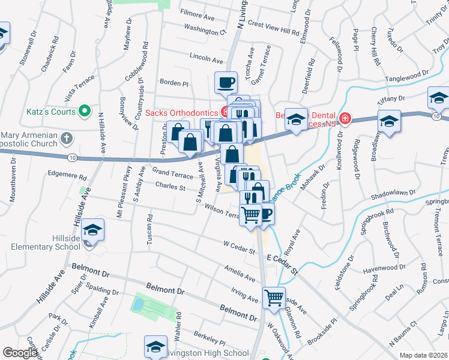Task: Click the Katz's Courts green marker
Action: click(85, 112)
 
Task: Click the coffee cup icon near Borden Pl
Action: click(226, 82)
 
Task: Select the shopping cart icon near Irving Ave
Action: click(274, 297)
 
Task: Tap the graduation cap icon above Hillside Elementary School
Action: click(93, 230)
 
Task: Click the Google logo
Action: click(20, 353)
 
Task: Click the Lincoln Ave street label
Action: click(206, 59)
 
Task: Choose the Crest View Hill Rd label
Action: click(273, 28)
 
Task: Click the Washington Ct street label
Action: click(205, 29)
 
